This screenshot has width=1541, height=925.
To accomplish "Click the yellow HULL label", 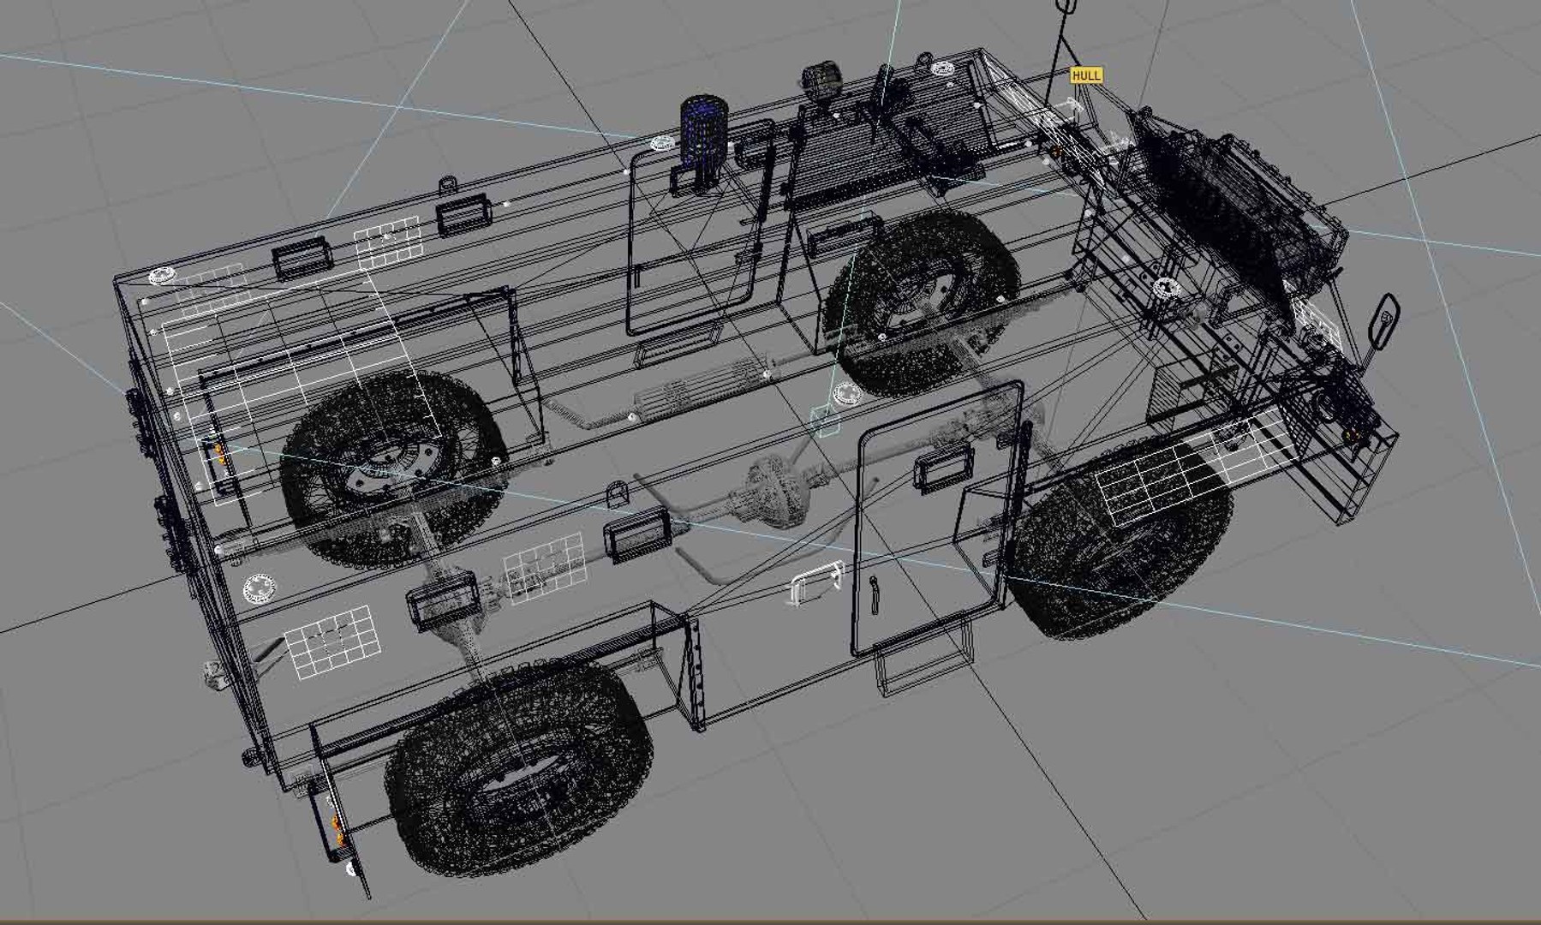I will tap(1085, 75).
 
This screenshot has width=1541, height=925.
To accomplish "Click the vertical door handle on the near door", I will tap(874, 595).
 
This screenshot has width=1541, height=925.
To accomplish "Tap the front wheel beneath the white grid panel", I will tap(1122, 548).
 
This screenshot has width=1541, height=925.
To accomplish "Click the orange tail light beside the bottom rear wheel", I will tap(337, 829).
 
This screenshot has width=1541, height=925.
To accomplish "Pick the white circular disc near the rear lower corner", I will tap(260, 589).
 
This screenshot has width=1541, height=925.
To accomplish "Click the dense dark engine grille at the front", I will tap(1233, 206).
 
